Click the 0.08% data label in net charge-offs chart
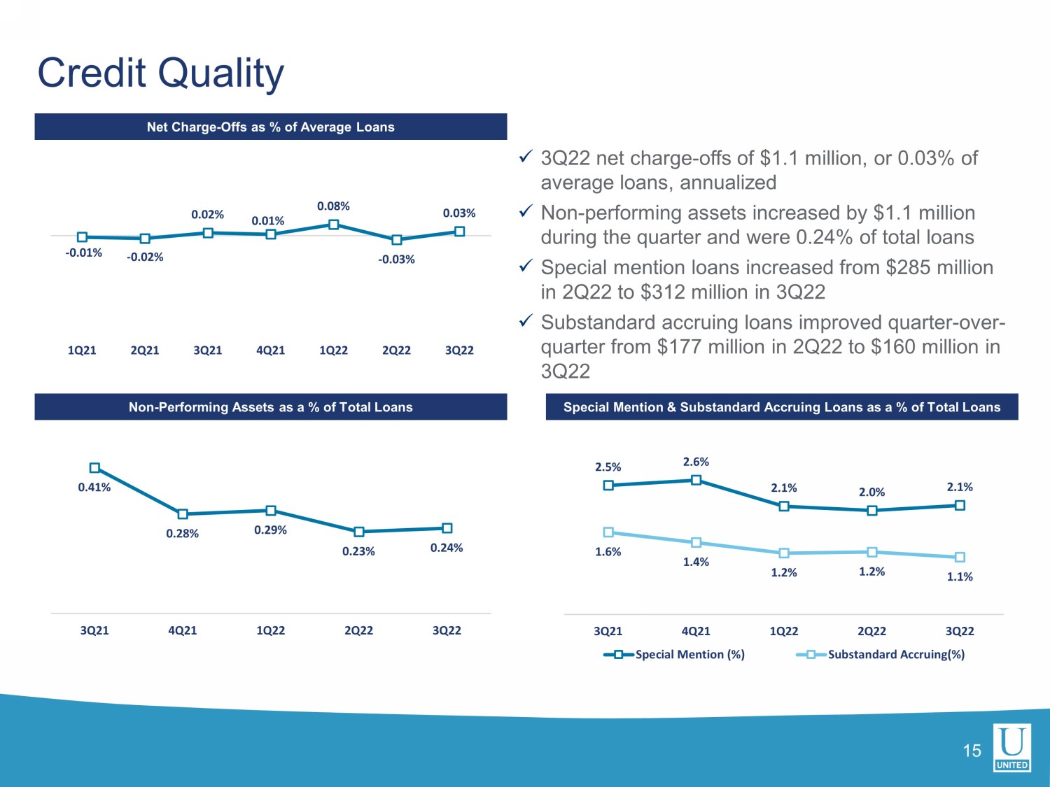point(333,206)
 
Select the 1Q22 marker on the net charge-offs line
point(334,225)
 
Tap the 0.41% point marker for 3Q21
point(94,468)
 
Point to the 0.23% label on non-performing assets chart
point(358,551)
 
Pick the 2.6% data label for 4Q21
point(696,462)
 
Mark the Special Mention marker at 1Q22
point(784,506)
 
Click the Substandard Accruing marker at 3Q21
point(608,532)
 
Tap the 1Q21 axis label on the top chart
point(82,350)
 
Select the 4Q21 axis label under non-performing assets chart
point(183,630)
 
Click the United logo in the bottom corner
point(1012,748)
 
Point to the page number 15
point(972,751)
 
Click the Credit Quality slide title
point(161,73)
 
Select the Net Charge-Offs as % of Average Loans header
point(271,127)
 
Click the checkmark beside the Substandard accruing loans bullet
point(526,321)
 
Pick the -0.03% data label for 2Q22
point(396,260)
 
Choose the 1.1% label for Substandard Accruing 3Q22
point(960,576)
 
